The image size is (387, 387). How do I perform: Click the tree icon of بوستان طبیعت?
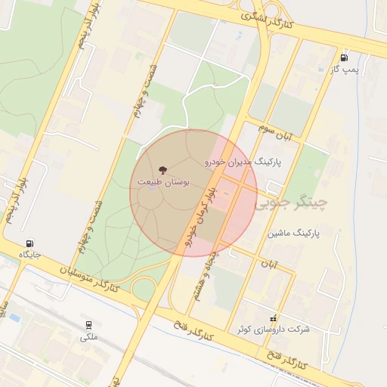coord(164,169)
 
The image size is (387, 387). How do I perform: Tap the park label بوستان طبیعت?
coord(163,182)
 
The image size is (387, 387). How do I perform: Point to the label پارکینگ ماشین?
coord(294,234)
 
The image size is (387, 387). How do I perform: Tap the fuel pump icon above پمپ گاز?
coord(345,57)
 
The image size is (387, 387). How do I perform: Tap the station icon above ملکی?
coord(89,325)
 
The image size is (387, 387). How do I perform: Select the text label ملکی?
coord(89,337)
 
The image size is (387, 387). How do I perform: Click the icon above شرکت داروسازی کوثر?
coord(273,318)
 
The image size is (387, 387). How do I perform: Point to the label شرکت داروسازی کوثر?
coord(273,330)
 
